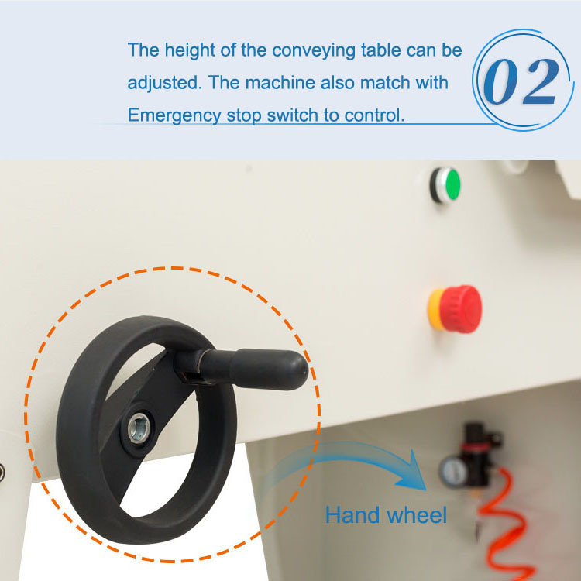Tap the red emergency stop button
point(461,308)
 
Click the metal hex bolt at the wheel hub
point(139,428)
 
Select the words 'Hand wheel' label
point(386,514)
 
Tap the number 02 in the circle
point(521,81)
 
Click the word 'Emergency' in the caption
point(174,115)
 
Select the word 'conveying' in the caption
point(314,51)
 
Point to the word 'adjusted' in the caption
point(163,82)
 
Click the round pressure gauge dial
point(453,471)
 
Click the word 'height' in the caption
point(190,50)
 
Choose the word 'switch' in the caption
point(292,115)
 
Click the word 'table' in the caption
point(380,50)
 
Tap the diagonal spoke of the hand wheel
point(138,426)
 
